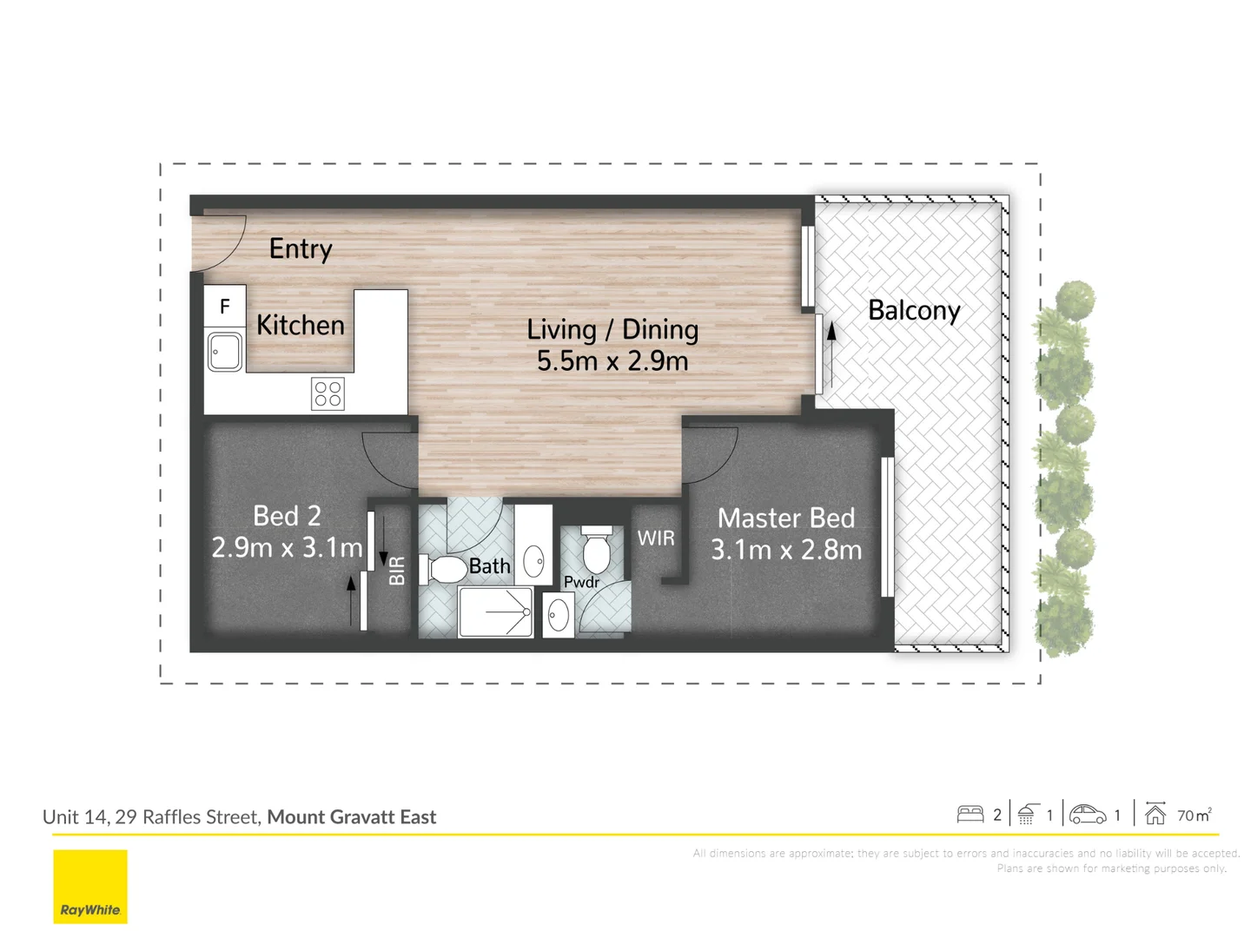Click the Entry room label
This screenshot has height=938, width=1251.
[301, 249]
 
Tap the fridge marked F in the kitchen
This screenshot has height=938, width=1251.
[225, 307]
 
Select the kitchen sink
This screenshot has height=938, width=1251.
[225, 352]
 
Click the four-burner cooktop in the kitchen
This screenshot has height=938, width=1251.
[328, 393]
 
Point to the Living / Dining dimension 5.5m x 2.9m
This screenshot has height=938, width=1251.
[612, 361]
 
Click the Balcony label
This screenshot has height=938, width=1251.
[914, 311]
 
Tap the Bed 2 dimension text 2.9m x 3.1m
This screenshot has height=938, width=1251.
[287, 548]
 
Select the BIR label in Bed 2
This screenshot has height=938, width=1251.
[397, 571]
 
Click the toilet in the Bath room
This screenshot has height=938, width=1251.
[445, 570]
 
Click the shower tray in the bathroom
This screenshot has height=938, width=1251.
[495, 611]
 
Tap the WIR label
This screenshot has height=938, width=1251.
[656, 538]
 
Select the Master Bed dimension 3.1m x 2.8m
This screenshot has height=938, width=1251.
[786, 550]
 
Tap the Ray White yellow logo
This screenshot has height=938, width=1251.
[90, 886]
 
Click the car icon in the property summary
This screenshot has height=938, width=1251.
[1088, 815]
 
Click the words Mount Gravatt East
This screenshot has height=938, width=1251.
[352, 816]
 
